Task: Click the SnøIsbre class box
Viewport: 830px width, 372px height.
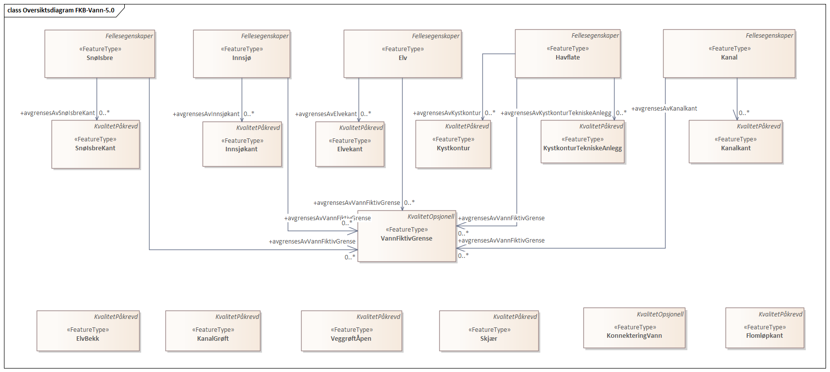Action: pos(100,54)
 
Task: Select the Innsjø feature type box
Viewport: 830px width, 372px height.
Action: pos(241,54)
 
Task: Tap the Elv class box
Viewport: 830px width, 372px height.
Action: pos(403,54)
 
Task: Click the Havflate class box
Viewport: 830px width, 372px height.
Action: pos(568,53)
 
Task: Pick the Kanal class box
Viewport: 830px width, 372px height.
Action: pos(729,53)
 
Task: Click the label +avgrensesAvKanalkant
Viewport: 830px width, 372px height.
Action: pos(664,109)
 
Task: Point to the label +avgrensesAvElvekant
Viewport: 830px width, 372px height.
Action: pos(326,114)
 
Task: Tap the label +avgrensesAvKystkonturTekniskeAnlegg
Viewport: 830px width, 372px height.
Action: pos(556,113)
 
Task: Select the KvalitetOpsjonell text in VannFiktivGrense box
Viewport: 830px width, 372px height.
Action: pos(431,217)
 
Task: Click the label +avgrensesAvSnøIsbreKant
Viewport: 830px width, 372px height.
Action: pos(57,113)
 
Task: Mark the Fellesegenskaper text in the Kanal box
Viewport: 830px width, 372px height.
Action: pos(769,36)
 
